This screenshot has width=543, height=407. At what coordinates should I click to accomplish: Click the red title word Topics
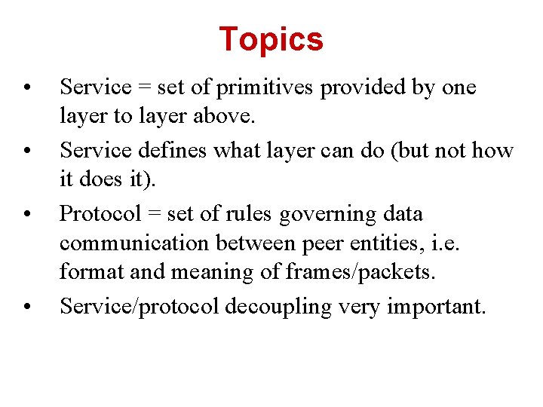[x=271, y=39]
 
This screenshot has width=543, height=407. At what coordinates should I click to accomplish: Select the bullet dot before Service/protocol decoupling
[x=27, y=306]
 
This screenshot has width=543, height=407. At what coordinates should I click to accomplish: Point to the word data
[x=400, y=215]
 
